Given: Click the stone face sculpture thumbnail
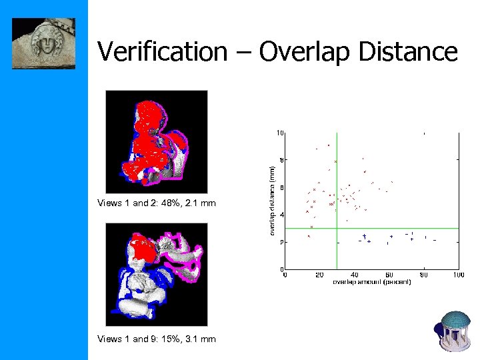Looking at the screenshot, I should [44, 43].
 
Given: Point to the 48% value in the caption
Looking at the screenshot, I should [177, 203].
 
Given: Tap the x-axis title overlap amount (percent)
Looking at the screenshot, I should [371, 282].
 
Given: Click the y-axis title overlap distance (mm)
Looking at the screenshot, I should [272, 200].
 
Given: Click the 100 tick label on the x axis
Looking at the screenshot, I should [458, 275].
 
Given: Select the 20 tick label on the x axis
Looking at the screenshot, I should [319, 275].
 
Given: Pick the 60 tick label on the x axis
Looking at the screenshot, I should [389, 275].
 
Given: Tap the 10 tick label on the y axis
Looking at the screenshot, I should [280, 133].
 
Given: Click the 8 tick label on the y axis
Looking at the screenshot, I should [281, 160].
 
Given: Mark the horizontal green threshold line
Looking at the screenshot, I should [400, 228].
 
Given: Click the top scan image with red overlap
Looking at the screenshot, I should [156, 141].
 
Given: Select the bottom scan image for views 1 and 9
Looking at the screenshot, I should [156, 274].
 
